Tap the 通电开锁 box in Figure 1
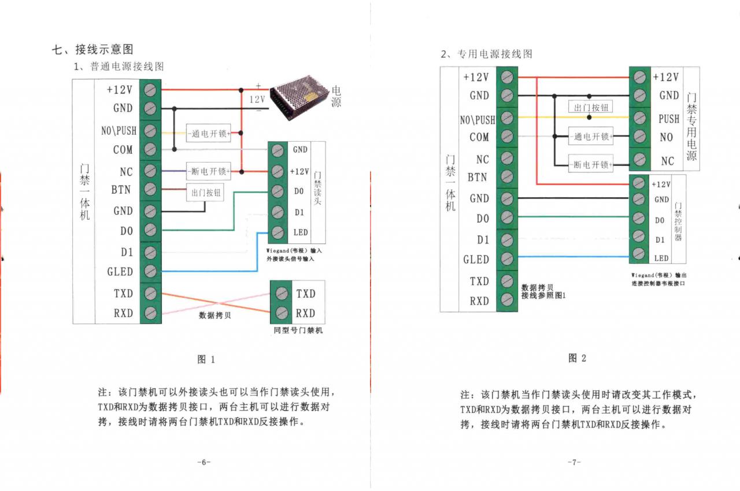click(208, 133)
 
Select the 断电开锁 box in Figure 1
click(208, 171)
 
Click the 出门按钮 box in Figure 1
click(206, 193)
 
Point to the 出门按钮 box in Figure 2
click(591, 108)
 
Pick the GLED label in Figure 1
click(120, 271)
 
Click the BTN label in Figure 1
click(121, 190)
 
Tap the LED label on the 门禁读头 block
click(300, 232)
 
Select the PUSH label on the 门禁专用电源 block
click(669, 119)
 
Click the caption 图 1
click(206, 359)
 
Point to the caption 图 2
click(577, 358)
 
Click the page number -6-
click(203, 462)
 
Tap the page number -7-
click(573, 462)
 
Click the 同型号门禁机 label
click(298, 330)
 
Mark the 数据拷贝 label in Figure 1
click(214, 315)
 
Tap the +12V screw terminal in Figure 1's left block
click(150, 90)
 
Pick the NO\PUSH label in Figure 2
click(478, 120)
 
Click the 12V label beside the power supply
click(257, 99)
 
